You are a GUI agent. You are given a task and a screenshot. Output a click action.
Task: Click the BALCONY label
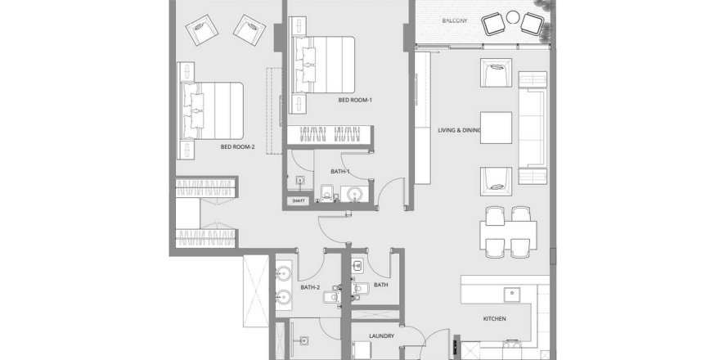coord(455,20)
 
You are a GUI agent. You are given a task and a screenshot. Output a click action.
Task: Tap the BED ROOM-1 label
coord(355,100)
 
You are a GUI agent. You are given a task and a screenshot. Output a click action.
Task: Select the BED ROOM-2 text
coord(238,147)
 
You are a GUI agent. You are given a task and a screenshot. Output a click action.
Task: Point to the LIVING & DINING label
coord(459,131)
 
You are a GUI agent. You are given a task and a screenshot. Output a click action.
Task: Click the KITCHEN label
coord(494,318)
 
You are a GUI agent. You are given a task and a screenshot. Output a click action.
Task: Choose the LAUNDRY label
coord(382,335)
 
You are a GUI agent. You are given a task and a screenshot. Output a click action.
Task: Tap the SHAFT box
coord(298,200)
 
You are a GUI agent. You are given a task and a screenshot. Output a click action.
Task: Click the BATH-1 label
coord(339,171)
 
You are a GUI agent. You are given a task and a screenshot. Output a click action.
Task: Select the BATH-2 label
coord(310,287)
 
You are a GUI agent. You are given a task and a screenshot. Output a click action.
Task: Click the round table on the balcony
coord(513,18)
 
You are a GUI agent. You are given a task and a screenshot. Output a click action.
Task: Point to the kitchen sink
coord(512,295)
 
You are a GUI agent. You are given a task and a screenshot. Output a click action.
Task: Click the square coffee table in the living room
coord(496,128)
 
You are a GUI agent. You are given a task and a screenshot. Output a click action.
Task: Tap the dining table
coord(508,230)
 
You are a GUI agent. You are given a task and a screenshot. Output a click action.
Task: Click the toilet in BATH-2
coord(331,296)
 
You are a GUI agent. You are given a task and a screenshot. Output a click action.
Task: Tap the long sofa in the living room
coord(532,128)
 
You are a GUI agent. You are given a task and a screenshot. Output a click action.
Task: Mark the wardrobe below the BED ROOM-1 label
coord(330,135)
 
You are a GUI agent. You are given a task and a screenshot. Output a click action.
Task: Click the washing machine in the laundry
coord(361,351)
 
